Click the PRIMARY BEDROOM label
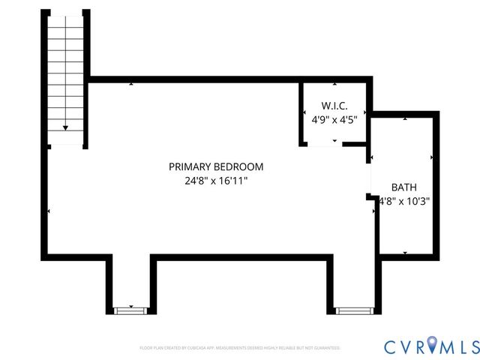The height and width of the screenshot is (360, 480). point(215,166)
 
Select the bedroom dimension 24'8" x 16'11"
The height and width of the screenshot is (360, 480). point(215,181)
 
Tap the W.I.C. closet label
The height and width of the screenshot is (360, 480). point(334,106)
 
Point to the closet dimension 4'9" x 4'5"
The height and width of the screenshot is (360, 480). point(334,119)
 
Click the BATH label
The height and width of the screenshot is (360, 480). point(404,187)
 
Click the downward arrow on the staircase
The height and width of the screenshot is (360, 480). point(66,128)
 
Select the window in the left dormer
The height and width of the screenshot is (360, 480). point(130,310)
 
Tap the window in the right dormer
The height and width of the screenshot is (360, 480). point(353,310)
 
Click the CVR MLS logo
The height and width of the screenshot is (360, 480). point(431,346)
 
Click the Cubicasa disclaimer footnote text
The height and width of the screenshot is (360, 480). point(240,348)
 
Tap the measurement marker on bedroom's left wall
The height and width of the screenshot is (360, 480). point(49,211)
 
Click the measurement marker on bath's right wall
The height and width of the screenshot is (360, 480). point(433,157)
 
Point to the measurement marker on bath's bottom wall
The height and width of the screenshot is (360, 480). point(405,253)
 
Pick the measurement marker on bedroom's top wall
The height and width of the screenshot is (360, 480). point(132,82)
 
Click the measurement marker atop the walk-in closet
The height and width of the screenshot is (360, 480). point(334,82)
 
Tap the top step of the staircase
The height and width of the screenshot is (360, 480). point(66,19)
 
